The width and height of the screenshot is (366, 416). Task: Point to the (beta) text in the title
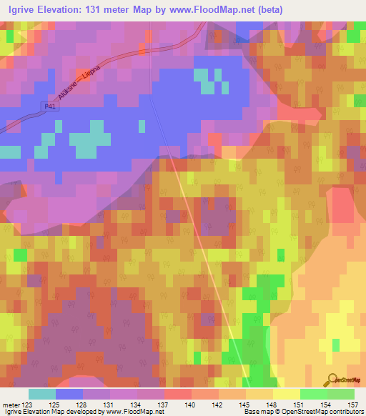pyautogui.click(x=271, y=10)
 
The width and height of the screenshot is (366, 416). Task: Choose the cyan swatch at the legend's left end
pyautogui.click(x=42, y=394)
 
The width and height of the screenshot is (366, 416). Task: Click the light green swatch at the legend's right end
pyautogui.click(x=341, y=394)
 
